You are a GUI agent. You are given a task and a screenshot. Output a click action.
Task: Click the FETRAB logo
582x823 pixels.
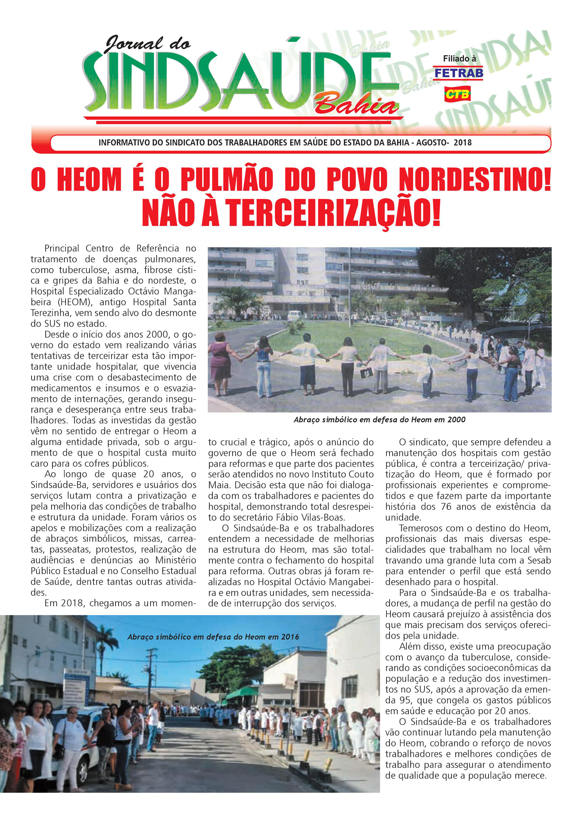(458, 73)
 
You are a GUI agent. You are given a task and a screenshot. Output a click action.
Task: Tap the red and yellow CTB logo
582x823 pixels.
(457, 94)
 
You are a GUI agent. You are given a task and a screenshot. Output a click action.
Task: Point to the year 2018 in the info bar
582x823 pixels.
(462, 142)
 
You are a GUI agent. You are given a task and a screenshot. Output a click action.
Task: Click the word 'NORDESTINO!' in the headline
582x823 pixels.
(475, 180)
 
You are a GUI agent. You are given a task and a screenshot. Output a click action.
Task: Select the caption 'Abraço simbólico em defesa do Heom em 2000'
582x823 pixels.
(379, 419)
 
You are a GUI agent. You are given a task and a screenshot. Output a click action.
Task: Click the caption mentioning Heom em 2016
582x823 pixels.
(213, 637)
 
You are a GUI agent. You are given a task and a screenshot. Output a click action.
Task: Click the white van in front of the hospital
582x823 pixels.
(294, 315)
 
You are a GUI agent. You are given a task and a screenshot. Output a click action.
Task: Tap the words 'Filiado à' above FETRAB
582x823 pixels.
(459, 59)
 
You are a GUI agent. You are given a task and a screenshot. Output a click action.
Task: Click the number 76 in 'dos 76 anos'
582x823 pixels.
(447, 507)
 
